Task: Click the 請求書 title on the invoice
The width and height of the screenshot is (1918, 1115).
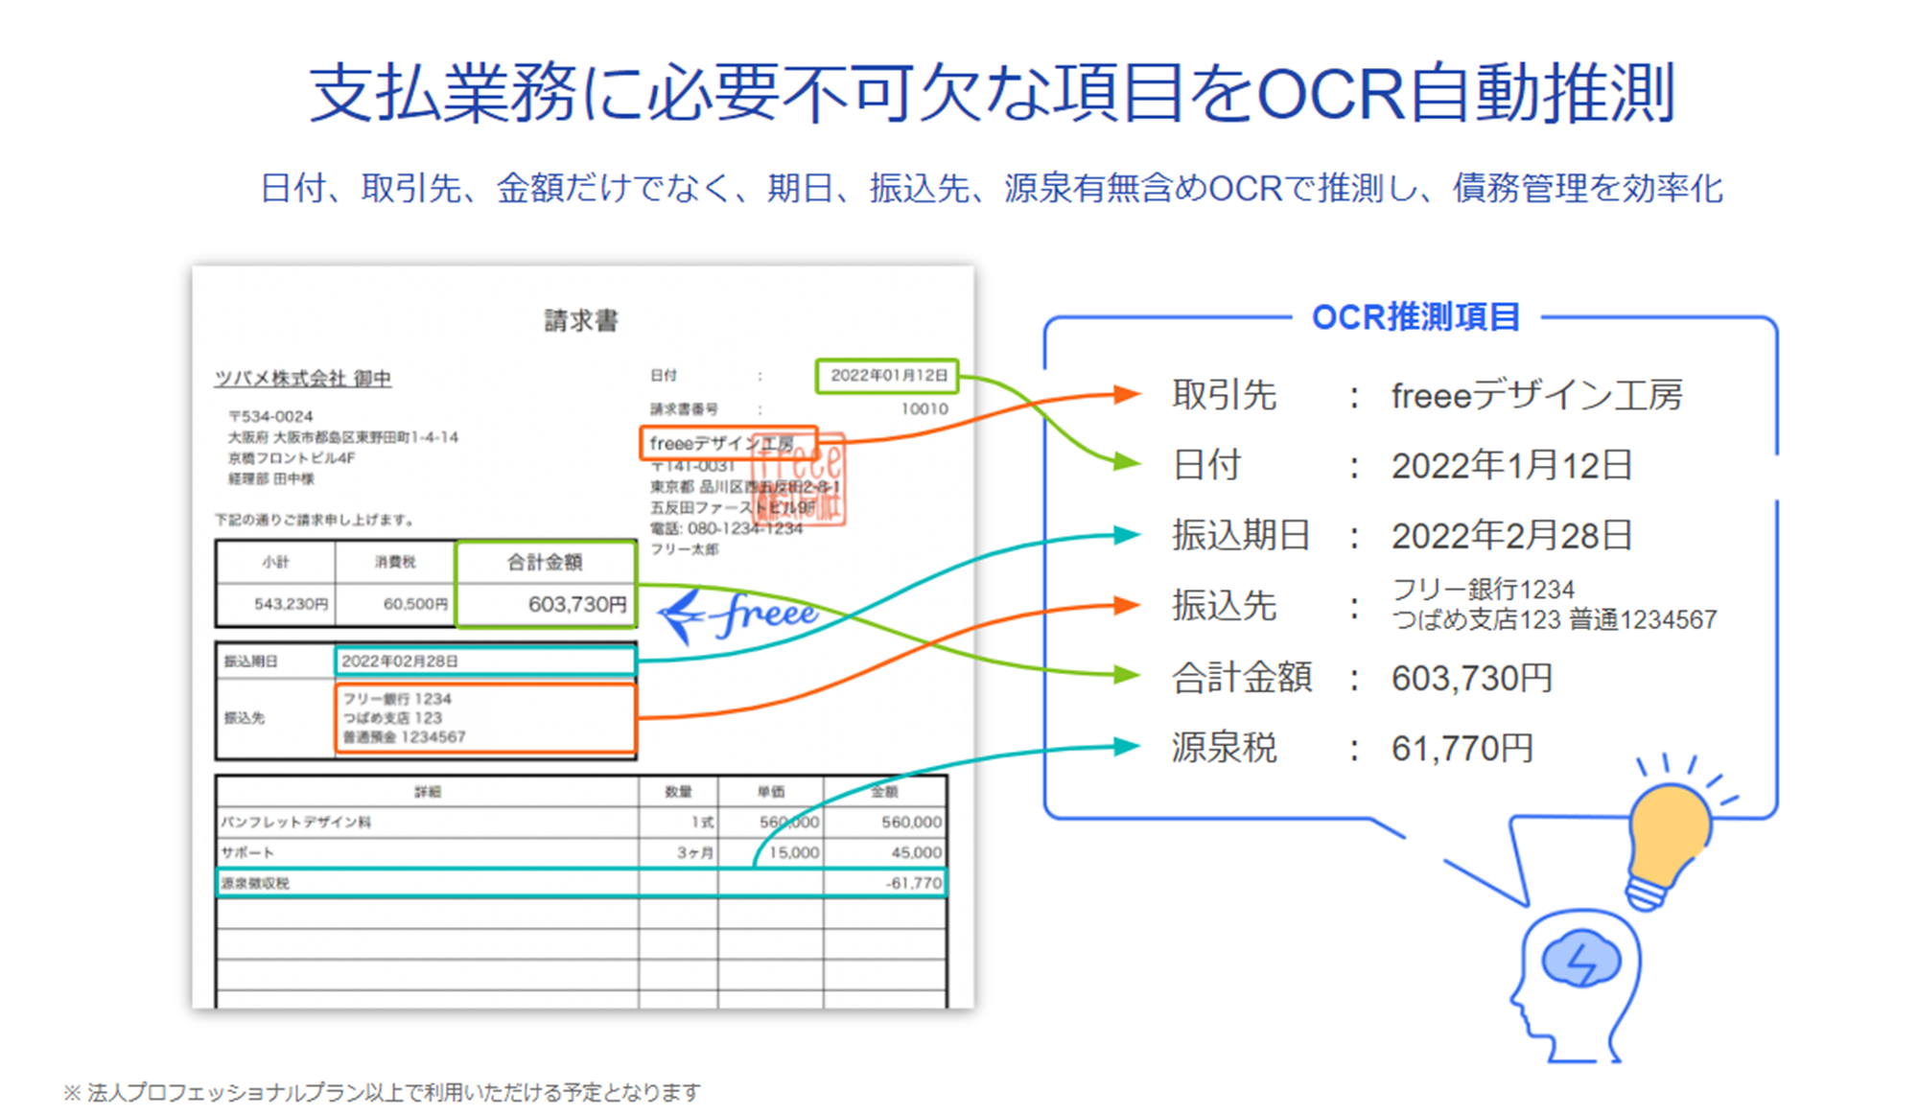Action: click(581, 320)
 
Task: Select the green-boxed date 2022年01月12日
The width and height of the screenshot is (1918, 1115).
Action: click(888, 376)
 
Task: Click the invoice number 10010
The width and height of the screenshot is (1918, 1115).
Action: click(924, 409)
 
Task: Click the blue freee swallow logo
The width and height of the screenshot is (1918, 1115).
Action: click(738, 615)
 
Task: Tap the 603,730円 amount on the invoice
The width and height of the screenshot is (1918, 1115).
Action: click(577, 605)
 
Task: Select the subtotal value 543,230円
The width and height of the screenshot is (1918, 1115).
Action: click(291, 604)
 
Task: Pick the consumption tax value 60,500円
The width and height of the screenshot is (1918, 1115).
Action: click(415, 604)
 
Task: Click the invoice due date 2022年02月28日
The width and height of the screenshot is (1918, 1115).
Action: click(400, 662)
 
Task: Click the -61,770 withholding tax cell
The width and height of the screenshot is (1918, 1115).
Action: click(913, 883)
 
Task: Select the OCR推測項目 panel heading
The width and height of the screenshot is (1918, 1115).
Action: click(1415, 317)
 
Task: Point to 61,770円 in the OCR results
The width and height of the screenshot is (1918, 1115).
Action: click(1462, 749)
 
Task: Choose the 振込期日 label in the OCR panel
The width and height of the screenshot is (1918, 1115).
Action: click(1240, 535)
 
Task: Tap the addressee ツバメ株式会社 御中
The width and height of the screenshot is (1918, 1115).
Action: click(303, 379)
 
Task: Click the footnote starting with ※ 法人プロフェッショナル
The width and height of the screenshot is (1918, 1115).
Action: click(383, 1092)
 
